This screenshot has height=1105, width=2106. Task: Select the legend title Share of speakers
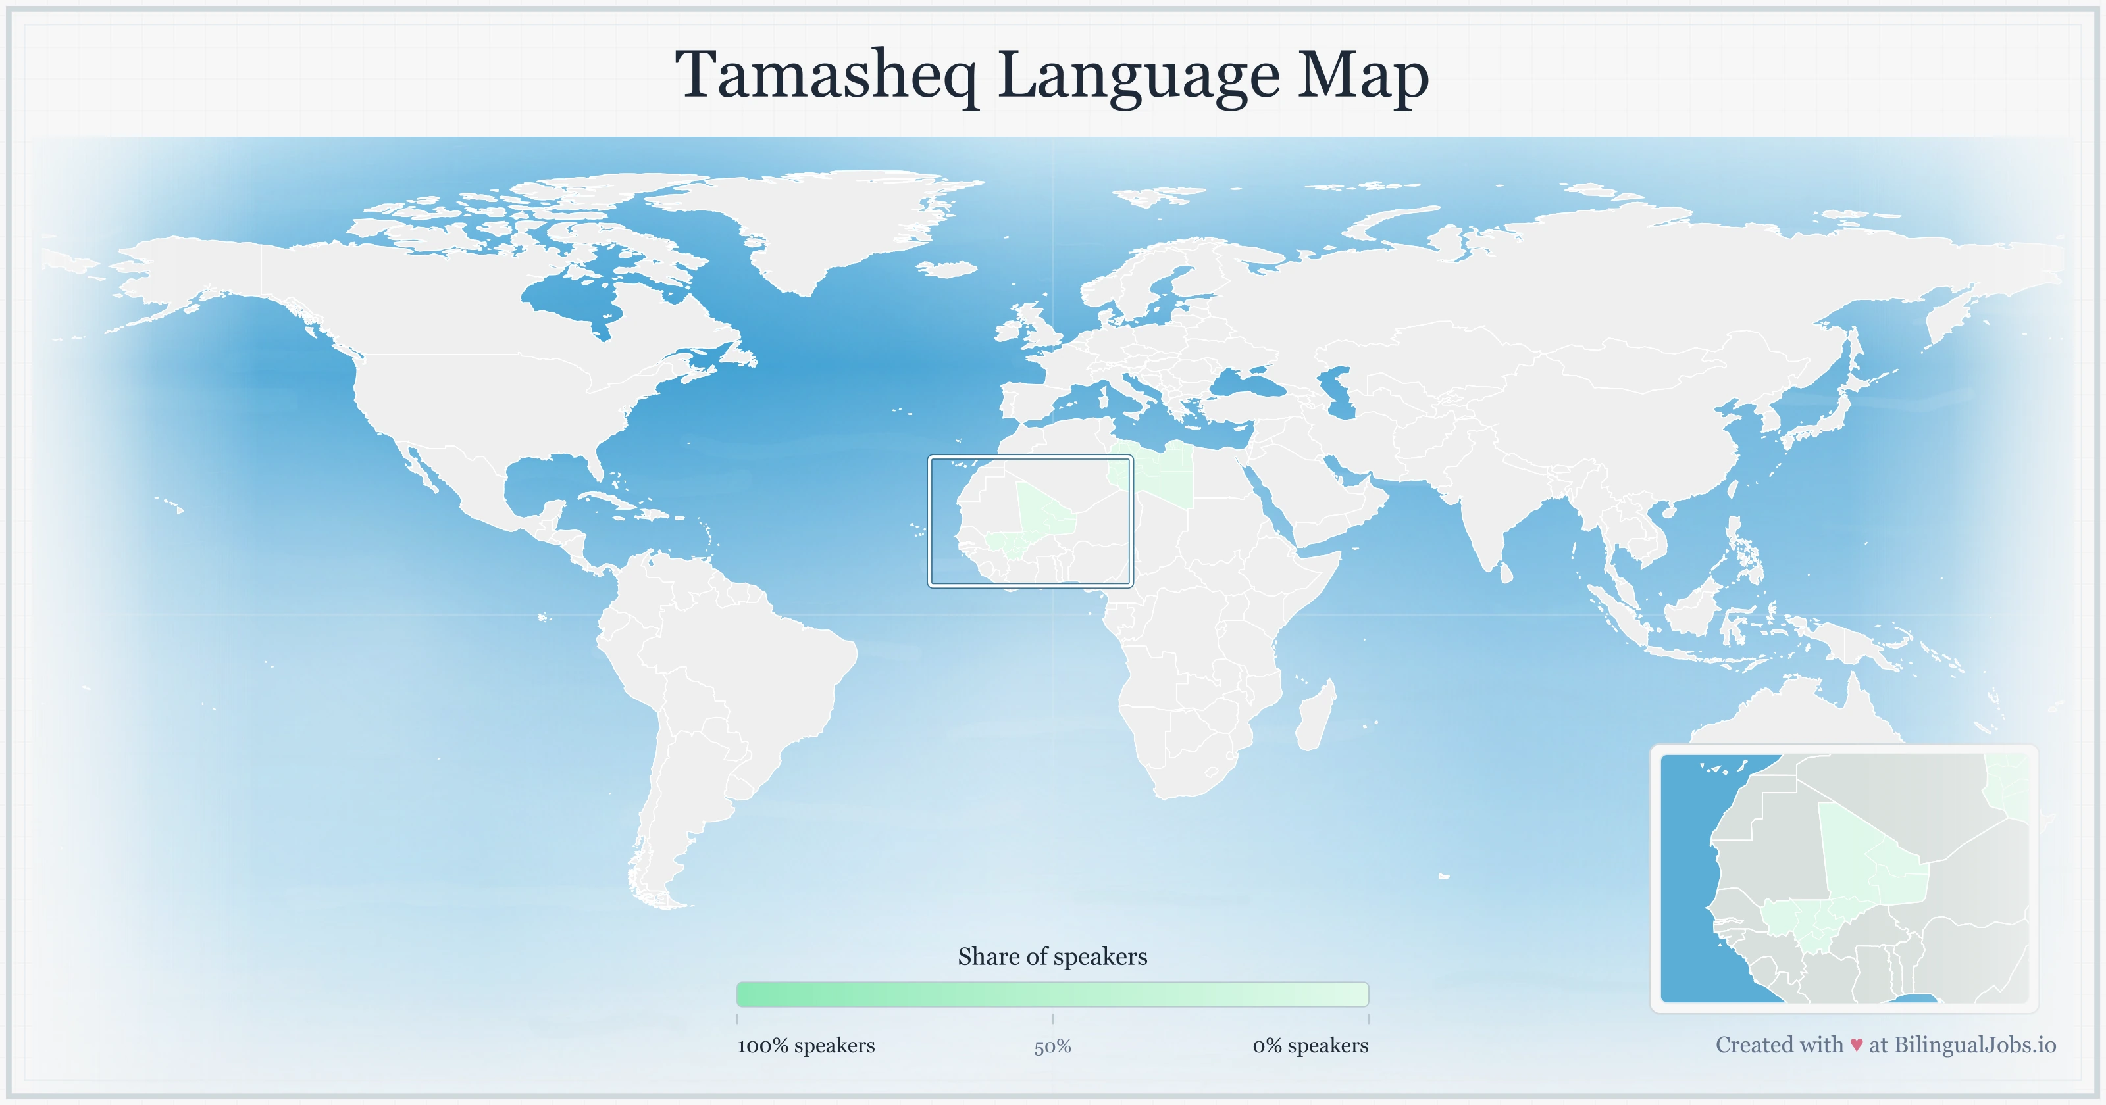pyautogui.click(x=1052, y=956)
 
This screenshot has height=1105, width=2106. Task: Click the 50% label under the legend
pyautogui.click(x=1052, y=1046)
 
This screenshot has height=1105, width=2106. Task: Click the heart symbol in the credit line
pyautogui.click(x=1856, y=1045)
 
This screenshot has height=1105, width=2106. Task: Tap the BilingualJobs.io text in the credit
pyautogui.click(x=1974, y=1044)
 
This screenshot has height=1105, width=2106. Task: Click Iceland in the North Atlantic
pyautogui.click(x=948, y=269)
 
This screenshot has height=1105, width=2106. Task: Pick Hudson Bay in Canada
pyautogui.click(x=573, y=299)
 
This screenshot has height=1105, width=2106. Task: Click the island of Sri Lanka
pyautogui.click(x=1506, y=572)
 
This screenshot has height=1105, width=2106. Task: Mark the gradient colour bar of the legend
pyautogui.click(x=1052, y=994)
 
